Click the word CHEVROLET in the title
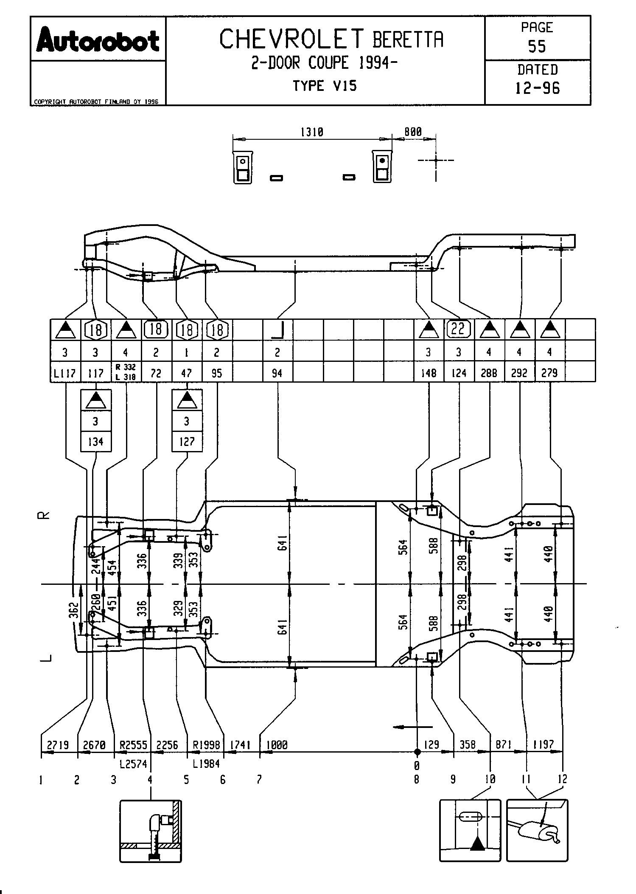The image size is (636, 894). pos(292,39)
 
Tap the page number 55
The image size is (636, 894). pos(537,46)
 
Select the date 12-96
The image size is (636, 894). pos(537,88)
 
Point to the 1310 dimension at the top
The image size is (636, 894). pos(312,132)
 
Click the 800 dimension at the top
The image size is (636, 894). pos(413,132)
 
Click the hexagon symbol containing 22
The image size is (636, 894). pos(459,329)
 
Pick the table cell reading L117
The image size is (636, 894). pos(65,373)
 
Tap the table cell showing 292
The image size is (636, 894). pos(519,373)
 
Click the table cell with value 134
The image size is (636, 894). pos(96,442)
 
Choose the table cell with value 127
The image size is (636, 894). pos(187,442)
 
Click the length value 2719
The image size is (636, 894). pos(58,745)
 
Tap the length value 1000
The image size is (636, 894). pos(277,745)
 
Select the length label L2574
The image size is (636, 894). pos(133,764)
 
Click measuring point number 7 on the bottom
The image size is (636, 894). pos(259,779)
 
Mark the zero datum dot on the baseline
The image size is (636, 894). pos(417,752)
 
